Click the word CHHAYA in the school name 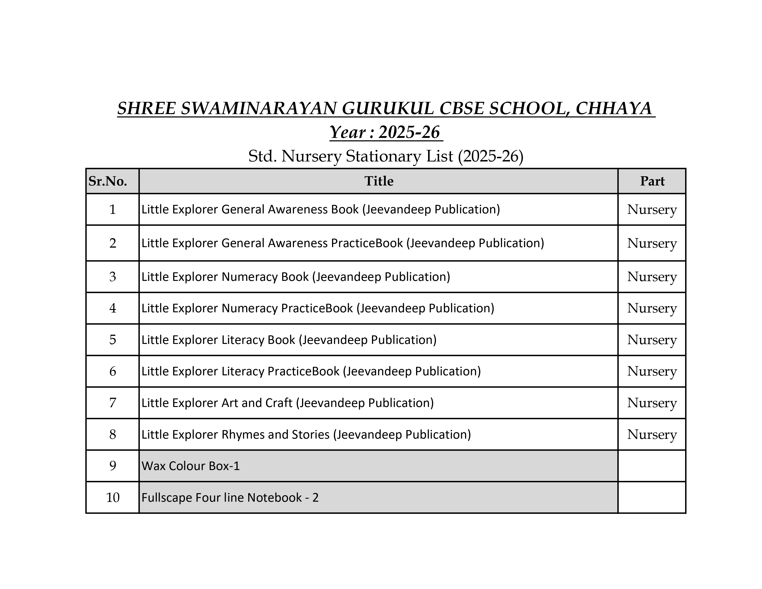[x=613, y=109]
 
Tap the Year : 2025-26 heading [x=385, y=133]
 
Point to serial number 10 [x=112, y=498]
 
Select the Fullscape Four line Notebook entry [x=230, y=498]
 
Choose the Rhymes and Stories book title [x=306, y=435]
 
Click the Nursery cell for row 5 [x=652, y=340]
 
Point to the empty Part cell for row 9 [x=652, y=466]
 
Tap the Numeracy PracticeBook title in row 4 [x=317, y=308]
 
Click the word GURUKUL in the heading [x=388, y=109]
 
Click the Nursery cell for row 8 [x=652, y=435]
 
